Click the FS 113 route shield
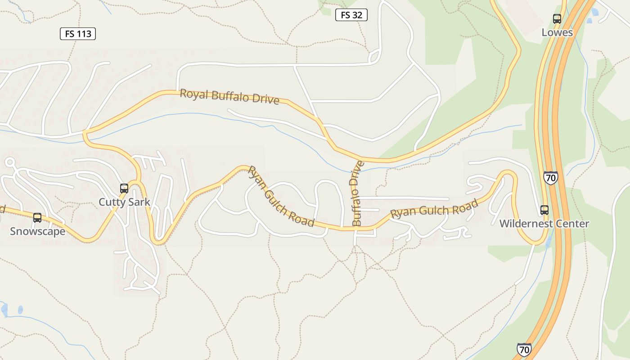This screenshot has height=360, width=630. [x=78, y=34]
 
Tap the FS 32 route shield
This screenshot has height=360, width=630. [x=351, y=15]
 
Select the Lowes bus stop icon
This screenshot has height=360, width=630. [x=557, y=19]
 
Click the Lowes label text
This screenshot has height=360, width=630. [x=557, y=32]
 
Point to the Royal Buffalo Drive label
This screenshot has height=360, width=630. [x=229, y=96]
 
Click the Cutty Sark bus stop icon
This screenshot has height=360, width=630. [x=124, y=189]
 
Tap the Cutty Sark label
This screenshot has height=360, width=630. [x=124, y=202]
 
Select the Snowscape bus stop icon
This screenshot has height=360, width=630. [x=37, y=218]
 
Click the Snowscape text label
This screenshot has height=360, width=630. [x=37, y=232]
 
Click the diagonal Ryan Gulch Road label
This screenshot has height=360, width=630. [x=281, y=196]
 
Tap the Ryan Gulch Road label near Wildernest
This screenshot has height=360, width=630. [x=434, y=209]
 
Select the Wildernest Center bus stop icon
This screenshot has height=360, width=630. [x=544, y=210]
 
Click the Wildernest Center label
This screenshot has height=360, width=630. [x=544, y=224]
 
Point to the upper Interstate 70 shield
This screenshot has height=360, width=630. [x=550, y=178]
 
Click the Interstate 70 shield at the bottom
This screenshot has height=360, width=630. [x=524, y=350]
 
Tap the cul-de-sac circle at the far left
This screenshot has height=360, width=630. [x=9, y=162]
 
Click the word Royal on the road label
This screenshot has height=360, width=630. [x=194, y=94]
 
